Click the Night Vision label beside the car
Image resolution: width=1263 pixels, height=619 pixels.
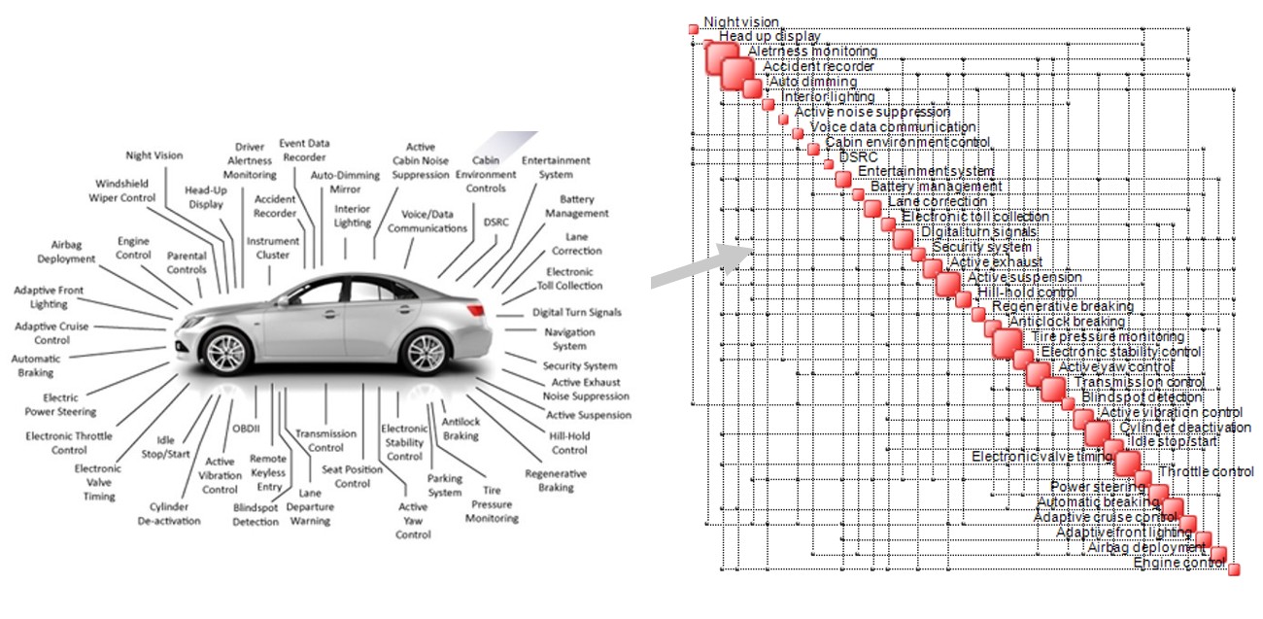pyautogui.click(x=154, y=155)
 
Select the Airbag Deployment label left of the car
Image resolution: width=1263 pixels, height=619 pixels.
pyautogui.click(x=66, y=252)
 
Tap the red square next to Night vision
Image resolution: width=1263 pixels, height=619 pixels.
pyautogui.click(x=694, y=28)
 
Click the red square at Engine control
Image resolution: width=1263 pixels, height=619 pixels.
pyautogui.click(x=1234, y=568)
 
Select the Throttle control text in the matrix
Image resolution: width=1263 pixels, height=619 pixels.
pyautogui.click(x=1206, y=472)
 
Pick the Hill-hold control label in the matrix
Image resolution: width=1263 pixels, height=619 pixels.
pyautogui.click(x=1026, y=292)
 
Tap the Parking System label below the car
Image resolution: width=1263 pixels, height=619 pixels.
pyautogui.click(x=445, y=485)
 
